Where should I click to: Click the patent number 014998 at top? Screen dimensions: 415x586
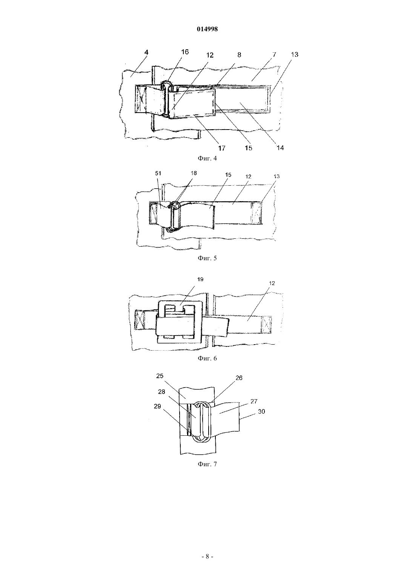coord(207,29)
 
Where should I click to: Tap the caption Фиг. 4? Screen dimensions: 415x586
coord(207,158)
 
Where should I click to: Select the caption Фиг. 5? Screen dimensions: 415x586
coord(207,258)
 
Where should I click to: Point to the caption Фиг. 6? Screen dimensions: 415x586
coord(207,358)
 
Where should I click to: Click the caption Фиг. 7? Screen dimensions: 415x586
coord(207,464)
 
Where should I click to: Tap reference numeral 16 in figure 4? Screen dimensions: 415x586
coord(185,52)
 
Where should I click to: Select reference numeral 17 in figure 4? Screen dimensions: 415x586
coord(222,148)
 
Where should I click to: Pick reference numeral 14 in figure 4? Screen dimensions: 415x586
coord(280,148)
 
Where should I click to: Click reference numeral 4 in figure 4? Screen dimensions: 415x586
coord(146,52)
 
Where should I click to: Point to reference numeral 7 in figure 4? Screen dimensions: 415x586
coord(274,55)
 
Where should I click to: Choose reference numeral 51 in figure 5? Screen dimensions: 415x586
coord(158,173)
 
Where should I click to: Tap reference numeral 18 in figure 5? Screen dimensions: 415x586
coord(194,173)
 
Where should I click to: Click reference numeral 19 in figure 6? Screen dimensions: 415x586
coord(200,279)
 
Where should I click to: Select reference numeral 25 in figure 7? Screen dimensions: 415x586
coord(160,376)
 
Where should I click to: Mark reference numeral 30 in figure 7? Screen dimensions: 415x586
coord(261,412)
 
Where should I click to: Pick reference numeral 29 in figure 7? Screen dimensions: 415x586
coord(157,406)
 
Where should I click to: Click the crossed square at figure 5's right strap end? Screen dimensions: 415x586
coord(257,213)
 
